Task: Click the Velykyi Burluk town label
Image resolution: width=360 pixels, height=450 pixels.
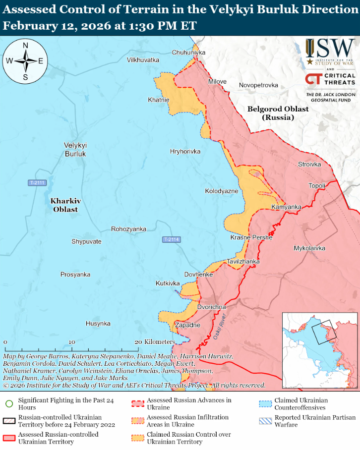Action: pyautogui.click(x=75, y=149)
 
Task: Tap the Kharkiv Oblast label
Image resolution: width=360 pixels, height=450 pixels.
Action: pyautogui.click(x=65, y=205)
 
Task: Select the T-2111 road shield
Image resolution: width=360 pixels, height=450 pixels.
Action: pyautogui.click(x=37, y=183)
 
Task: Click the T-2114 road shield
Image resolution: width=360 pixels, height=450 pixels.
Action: pyautogui.click(x=171, y=240)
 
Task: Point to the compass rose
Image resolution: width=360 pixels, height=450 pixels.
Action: pyautogui.click(x=25, y=61)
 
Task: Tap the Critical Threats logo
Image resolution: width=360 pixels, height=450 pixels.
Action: pyautogui.click(x=330, y=79)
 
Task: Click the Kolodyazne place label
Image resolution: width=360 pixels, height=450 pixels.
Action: pyautogui.click(x=222, y=191)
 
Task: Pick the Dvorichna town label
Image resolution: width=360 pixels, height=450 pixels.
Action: pyautogui.click(x=212, y=307)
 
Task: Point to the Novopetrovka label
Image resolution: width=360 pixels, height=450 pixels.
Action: pyautogui.click(x=258, y=85)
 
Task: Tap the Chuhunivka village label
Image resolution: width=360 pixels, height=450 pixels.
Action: pyautogui.click(x=188, y=52)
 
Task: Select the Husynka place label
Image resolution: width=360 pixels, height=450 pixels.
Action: pyautogui.click(x=98, y=323)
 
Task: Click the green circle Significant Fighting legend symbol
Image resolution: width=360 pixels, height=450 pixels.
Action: pyautogui.click(x=9, y=403)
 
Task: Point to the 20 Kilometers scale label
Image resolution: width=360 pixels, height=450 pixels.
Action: pyautogui.click(x=155, y=342)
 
